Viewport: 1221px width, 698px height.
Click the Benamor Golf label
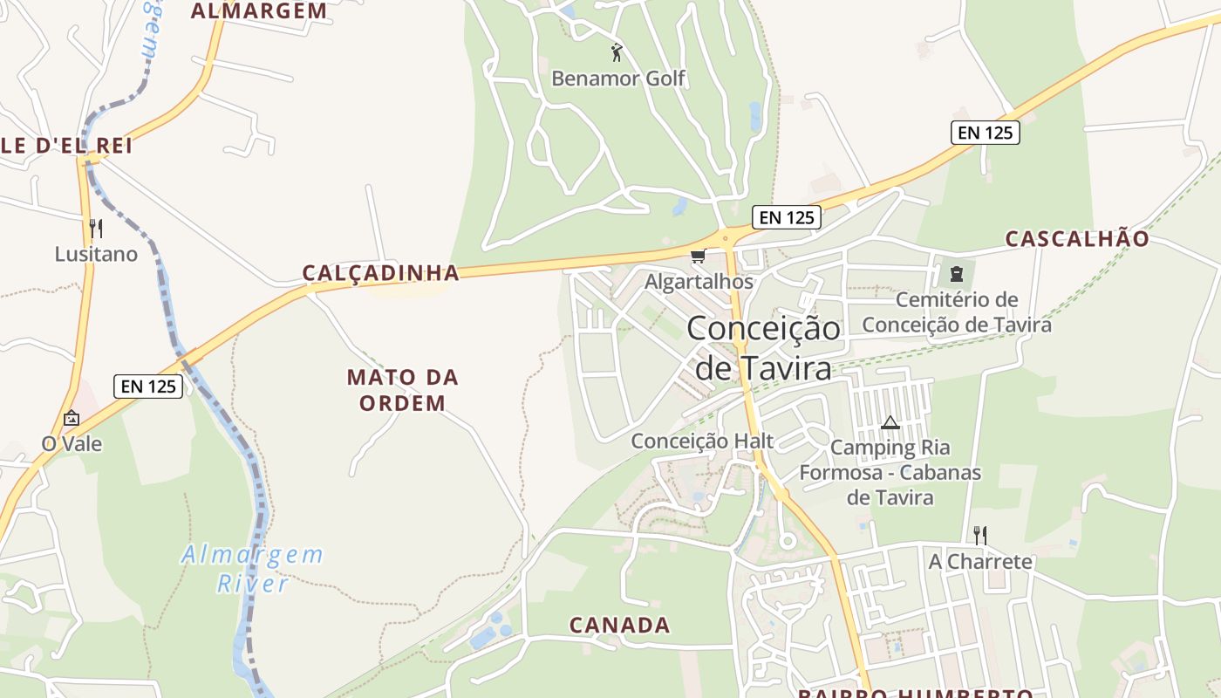point(618,79)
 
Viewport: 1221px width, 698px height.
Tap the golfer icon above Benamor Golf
point(617,52)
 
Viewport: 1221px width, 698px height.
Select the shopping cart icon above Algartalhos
point(697,257)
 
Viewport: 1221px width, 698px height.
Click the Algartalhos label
point(699,282)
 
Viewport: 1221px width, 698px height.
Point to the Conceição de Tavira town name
point(763,348)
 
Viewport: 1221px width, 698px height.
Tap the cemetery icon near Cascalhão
point(957,274)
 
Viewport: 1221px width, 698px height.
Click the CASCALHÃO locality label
point(1077,239)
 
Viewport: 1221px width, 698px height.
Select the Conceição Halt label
point(702,441)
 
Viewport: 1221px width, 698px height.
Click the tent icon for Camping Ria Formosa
point(890,423)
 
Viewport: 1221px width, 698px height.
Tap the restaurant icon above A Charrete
point(980,535)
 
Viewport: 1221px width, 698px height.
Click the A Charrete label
point(980,561)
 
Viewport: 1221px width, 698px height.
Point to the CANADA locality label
point(619,625)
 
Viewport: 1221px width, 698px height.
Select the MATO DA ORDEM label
point(402,390)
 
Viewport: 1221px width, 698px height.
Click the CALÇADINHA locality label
point(381,273)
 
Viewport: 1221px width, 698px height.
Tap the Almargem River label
point(252,569)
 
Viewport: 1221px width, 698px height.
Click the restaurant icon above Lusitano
point(96,229)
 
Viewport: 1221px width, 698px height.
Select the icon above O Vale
point(72,419)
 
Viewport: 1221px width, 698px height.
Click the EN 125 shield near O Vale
point(148,386)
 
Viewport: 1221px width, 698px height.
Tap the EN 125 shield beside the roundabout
point(787,217)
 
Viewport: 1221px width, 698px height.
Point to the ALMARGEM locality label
point(259,11)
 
